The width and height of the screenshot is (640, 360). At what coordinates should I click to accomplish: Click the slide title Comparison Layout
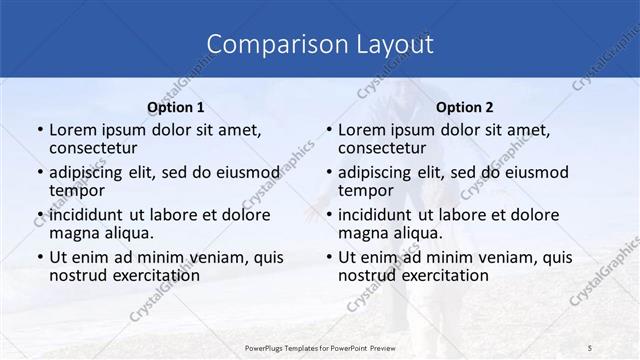[320, 44]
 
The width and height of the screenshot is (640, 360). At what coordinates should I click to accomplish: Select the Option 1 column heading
[175, 107]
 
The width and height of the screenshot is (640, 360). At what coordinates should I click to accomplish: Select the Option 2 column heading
[465, 107]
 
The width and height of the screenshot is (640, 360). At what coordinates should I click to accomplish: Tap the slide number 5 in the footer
[590, 346]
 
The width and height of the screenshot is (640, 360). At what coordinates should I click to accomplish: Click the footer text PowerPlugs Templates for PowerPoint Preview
[320, 346]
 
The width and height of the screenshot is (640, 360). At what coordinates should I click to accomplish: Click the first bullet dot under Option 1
[40, 130]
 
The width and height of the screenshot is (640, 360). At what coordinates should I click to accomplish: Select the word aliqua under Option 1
[129, 232]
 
